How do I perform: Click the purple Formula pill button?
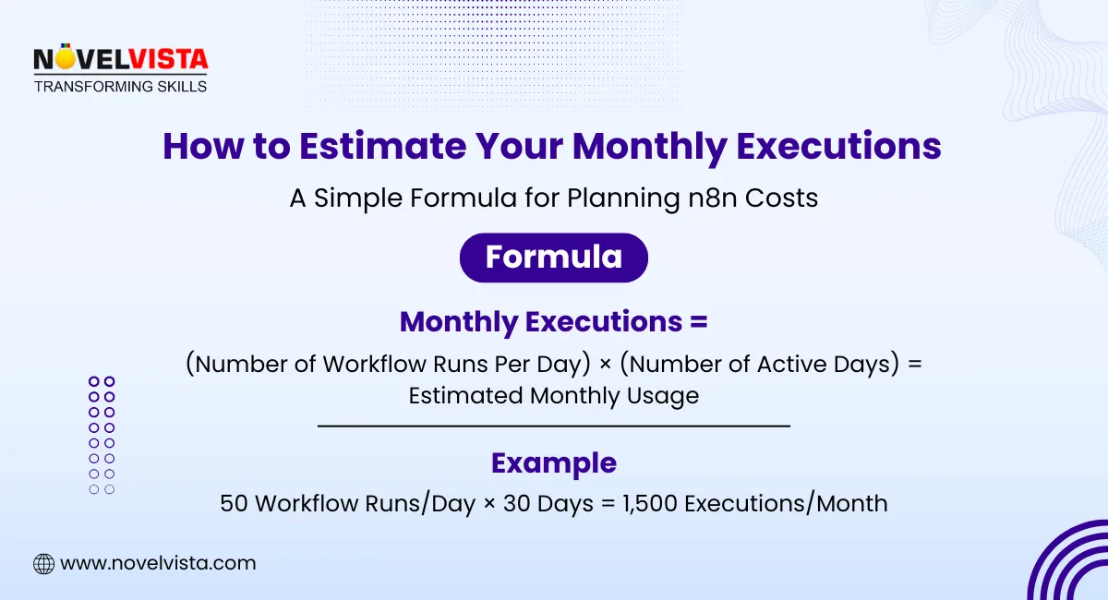click(x=553, y=258)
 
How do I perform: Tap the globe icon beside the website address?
click(x=43, y=564)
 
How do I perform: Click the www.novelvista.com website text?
click(x=158, y=563)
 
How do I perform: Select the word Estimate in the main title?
click(x=382, y=146)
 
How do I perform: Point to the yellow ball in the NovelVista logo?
click(x=65, y=59)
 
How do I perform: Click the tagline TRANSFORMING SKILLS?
click(x=120, y=87)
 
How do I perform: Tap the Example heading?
click(x=554, y=463)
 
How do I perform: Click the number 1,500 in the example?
click(x=649, y=504)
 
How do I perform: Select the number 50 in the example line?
click(x=234, y=504)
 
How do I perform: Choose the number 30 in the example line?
click(x=517, y=504)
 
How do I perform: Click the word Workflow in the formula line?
click(x=375, y=364)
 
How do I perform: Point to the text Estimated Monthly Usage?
click(x=554, y=396)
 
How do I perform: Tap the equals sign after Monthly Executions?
click(x=698, y=321)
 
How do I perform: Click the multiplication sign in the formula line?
click(x=605, y=365)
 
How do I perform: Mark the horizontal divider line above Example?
click(x=554, y=426)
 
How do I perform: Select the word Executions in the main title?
click(x=838, y=146)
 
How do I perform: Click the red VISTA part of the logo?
click(x=169, y=59)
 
